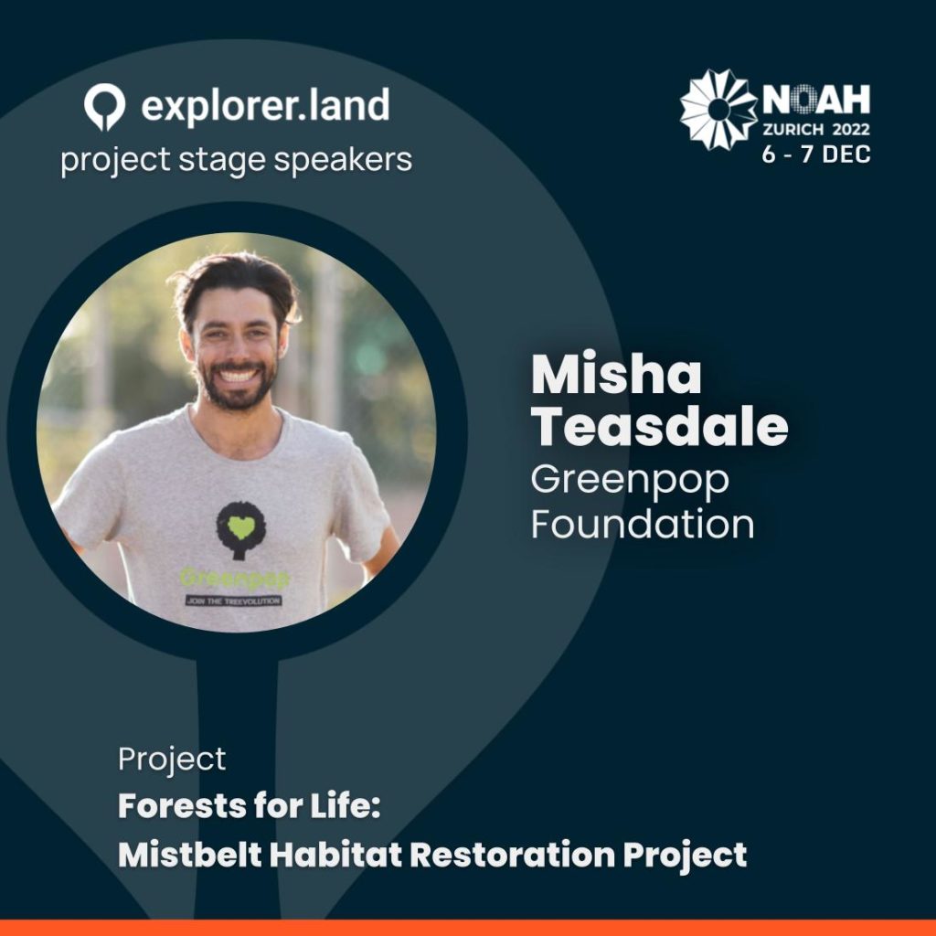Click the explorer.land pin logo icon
click(104, 106)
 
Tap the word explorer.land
click(266, 106)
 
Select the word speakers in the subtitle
click(343, 160)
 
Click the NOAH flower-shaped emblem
click(718, 110)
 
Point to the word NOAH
click(816, 100)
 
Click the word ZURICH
click(793, 130)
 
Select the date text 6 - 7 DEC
click(816, 154)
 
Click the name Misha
click(616, 374)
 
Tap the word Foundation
click(643, 524)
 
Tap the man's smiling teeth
click(238, 376)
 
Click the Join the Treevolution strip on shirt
click(233, 601)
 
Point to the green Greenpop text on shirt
click(235, 578)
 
